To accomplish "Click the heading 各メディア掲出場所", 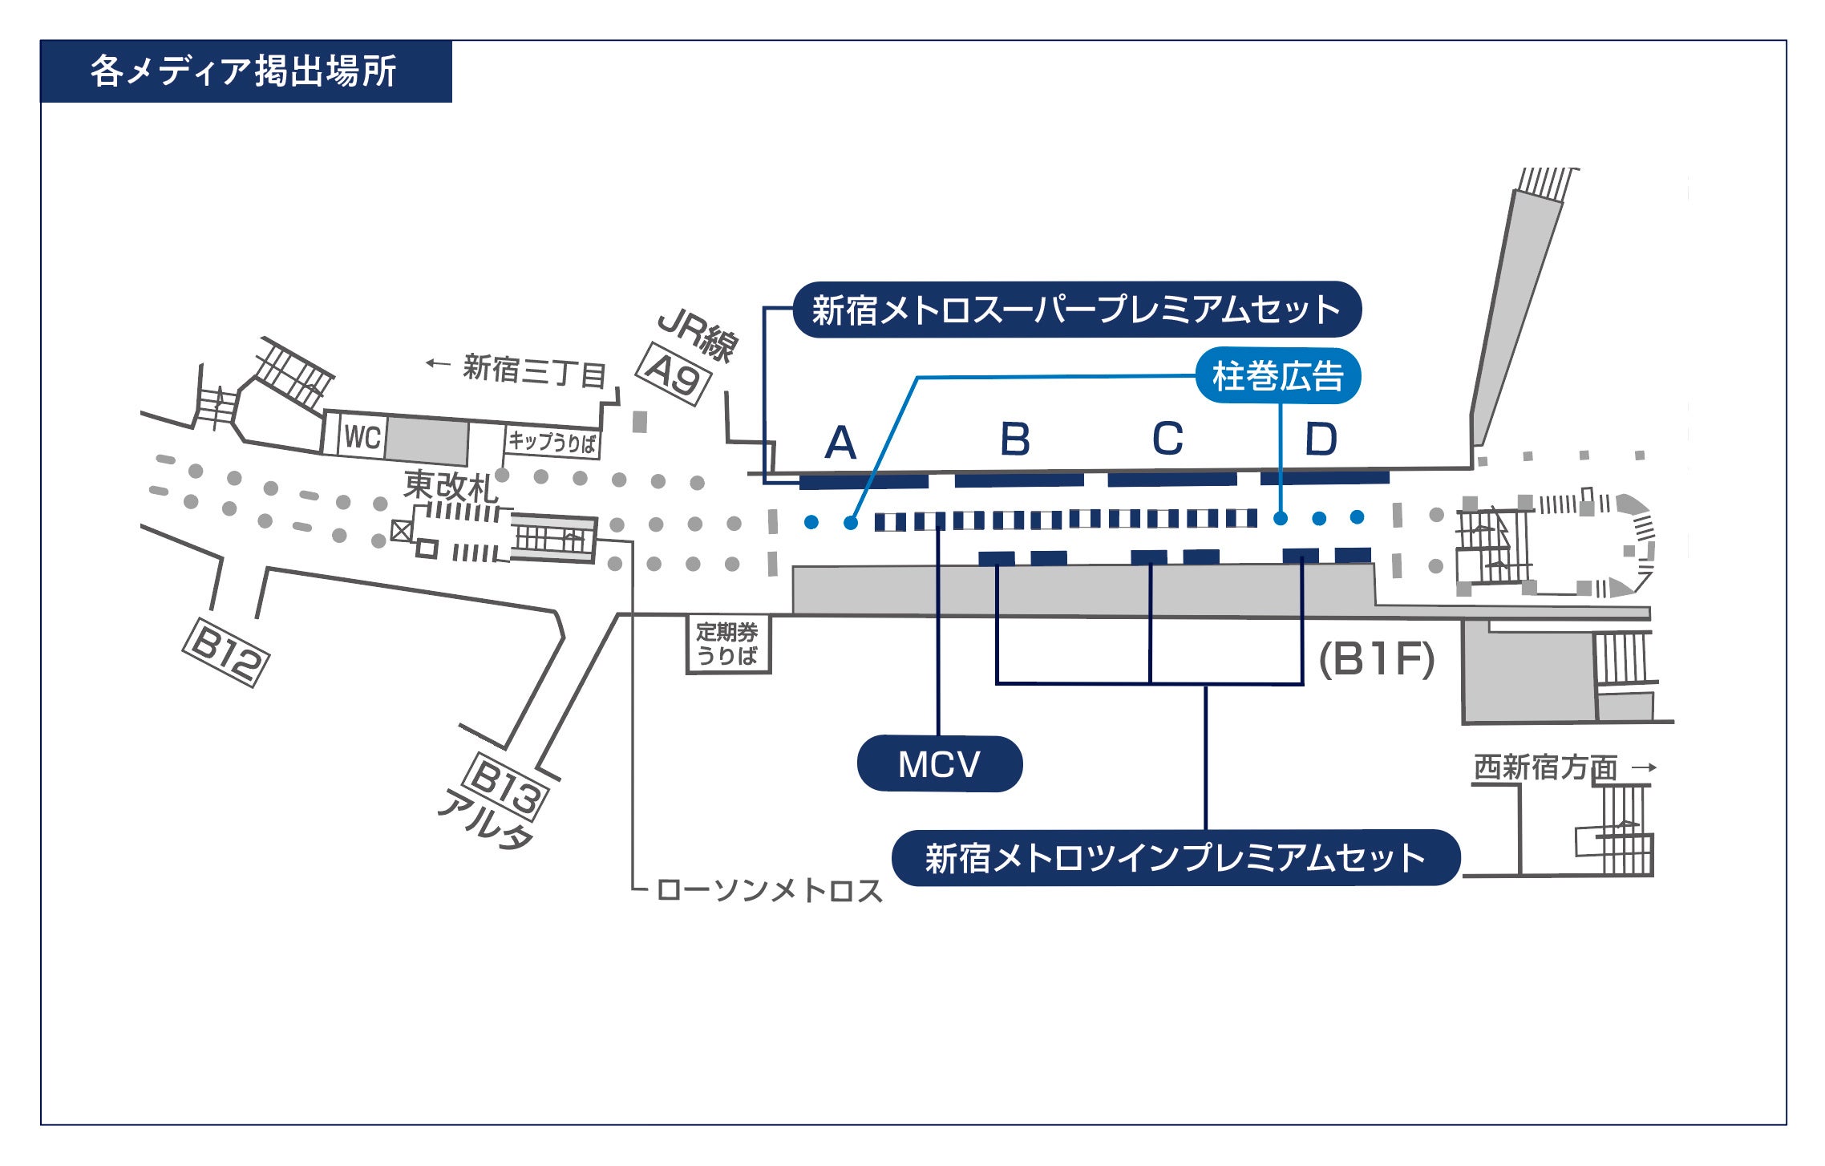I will coord(244,71).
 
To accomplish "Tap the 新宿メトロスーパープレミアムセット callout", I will coord(1076,310).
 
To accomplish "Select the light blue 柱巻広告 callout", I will coord(1277,376).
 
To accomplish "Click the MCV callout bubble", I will coord(939,764).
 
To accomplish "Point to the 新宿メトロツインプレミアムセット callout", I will coord(1175,858).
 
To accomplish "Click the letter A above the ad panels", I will coord(840,443).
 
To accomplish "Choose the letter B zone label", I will coord(1014,439).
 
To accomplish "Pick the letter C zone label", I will coord(1167,439).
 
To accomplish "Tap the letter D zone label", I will coord(1321,439).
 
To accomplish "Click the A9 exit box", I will coord(674,374).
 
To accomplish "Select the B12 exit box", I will coord(226,652).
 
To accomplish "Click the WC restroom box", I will coord(362,438).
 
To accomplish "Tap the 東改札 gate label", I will coord(451,485).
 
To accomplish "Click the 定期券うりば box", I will coord(727,644).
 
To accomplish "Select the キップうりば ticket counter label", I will coord(552,442).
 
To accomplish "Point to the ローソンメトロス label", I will coord(768,890).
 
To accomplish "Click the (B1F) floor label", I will coord(1376,660).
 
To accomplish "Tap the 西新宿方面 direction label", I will coord(1545,767).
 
